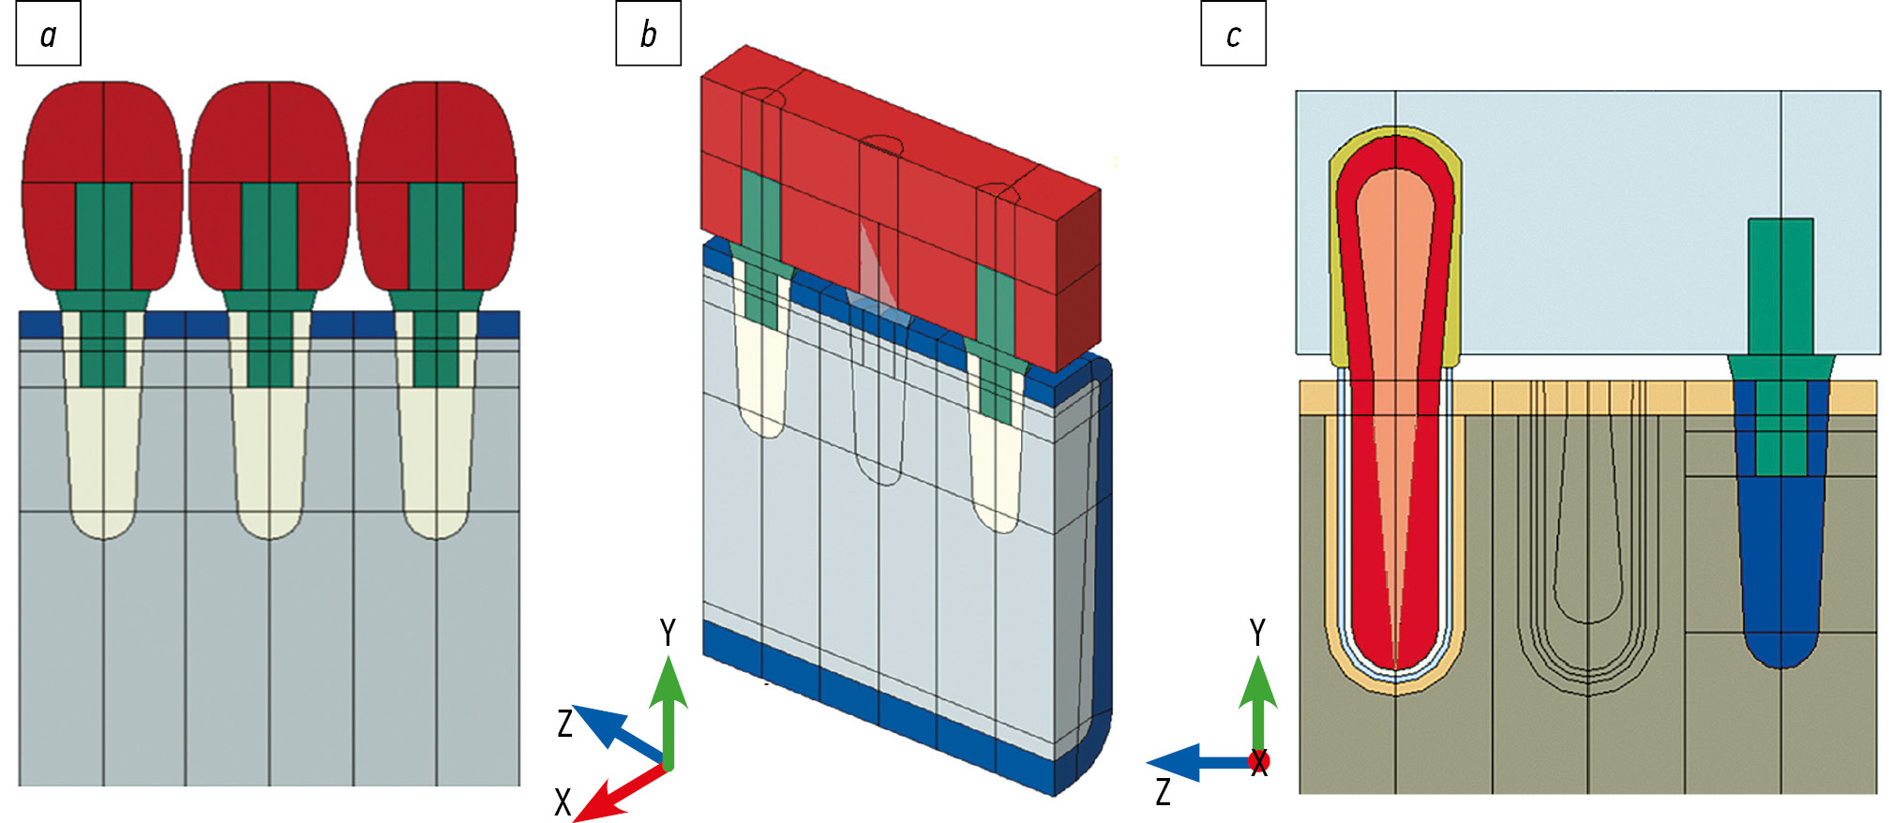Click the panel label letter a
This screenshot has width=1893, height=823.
[x=48, y=36]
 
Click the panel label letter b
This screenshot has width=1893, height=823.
[x=648, y=35]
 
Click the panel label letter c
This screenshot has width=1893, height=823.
[x=1233, y=36]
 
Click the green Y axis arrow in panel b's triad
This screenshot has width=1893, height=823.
[x=668, y=703]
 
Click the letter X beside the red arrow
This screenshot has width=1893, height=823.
[x=563, y=802]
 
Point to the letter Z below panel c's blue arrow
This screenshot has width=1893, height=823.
[x=1163, y=792]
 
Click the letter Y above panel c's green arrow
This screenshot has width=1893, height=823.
[x=1257, y=633]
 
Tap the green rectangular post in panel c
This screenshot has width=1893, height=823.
[x=1780, y=281]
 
